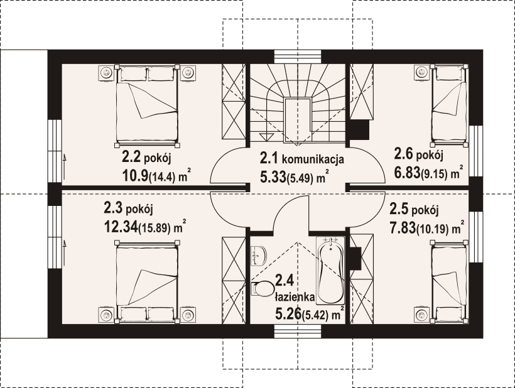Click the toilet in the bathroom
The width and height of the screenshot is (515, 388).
point(263,289)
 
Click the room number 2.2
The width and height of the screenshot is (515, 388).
point(131,157)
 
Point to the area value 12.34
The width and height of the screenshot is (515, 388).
point(121,227)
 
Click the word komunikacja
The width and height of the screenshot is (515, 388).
point(313,159)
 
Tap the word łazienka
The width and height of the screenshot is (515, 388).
point(295,297)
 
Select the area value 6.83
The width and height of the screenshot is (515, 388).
point(407,172)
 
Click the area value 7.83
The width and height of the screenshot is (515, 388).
point(403,227)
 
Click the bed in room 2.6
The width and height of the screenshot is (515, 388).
point(449,105)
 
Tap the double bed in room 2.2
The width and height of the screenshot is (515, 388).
point(147,105)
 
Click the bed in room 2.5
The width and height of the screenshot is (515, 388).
point(449,281)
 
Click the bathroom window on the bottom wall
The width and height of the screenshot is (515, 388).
point(298,331)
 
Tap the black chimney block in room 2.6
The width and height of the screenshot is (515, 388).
point(359,130)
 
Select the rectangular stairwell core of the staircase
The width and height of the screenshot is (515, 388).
point(298,120)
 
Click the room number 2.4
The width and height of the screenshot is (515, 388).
point(282,281)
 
